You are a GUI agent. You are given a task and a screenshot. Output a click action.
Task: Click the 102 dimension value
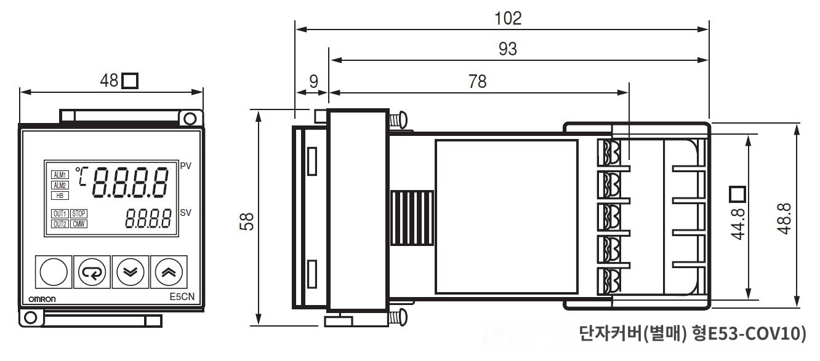pyautogui.click(x=508, y=18)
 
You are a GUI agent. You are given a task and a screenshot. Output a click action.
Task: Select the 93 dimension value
pyautogui.click(x=508, y=49)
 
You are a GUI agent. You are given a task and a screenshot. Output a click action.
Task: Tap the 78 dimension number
pyautogui.click(x=477, y=82)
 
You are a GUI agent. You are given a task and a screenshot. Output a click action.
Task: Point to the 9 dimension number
pyautogui.click(x=314, y=82)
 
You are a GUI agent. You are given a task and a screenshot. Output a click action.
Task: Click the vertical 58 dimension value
pyautogui.click(x=247, y=221)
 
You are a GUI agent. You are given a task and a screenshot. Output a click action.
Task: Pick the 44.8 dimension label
pyautogui.click(x=738, y=224)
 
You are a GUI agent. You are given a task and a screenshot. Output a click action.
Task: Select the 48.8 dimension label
pyautogui.click(x=784, y=219)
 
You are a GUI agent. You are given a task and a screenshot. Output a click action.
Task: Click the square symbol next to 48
pyautogui.click(x=130, y=81)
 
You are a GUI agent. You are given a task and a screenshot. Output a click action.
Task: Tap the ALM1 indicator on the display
pyautogui.click(x=60, y=175)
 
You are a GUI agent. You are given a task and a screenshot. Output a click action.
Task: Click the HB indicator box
pyautogui.click(x=60, y=196)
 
